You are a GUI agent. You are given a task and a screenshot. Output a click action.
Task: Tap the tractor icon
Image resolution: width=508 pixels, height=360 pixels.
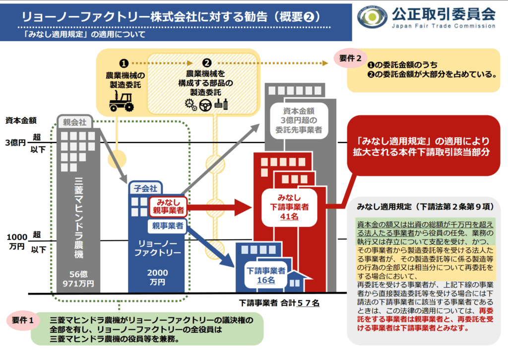pyautogui.click(x=121, y=101)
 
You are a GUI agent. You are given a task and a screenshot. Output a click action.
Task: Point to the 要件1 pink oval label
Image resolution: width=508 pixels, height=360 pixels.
pyautogui.click(x=23, y=320)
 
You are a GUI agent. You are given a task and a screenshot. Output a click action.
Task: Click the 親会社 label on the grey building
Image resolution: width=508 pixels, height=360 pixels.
pyautogui.click(x=72, y=121)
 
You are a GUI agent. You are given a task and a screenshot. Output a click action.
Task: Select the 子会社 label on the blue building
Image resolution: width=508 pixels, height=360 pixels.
pyautogui.click(x=143, y=188)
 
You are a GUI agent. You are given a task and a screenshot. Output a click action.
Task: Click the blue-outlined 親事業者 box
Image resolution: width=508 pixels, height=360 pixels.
pyautogui.click(x=167, y=226)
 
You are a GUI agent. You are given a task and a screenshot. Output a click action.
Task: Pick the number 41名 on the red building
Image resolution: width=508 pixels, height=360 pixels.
pyautogui.click(x=290, y=216)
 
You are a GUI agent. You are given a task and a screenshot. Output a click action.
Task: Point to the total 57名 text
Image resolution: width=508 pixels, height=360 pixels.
pyautogui.click(x=308, y=302)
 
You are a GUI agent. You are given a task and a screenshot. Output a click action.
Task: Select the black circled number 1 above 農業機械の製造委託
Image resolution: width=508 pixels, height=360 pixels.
pyautogui.click(x=124, y=64)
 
